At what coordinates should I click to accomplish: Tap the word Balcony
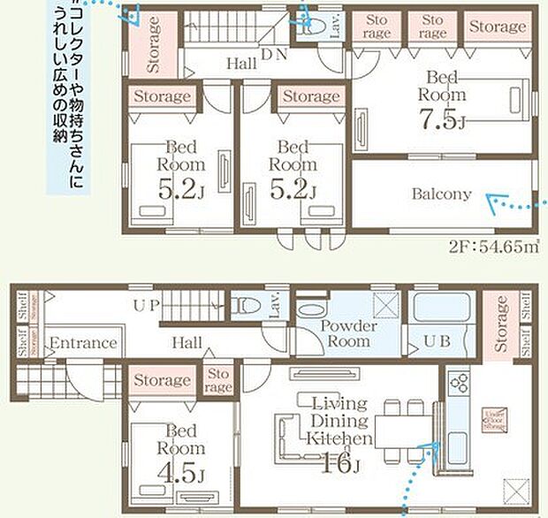point(441,194)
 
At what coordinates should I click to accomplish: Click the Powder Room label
point(348,333)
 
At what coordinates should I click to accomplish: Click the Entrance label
point(83,343)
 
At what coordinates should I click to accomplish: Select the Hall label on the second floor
point(240,64)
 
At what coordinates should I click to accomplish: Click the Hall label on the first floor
point(186,342)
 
